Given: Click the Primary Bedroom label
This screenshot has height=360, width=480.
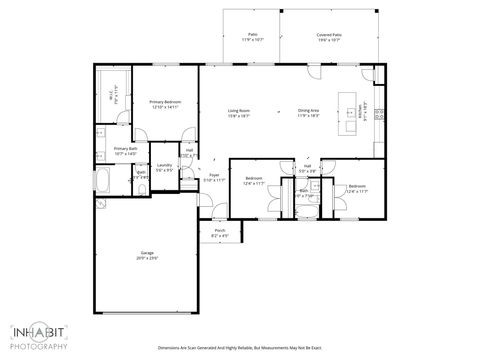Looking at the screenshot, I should [164, 102].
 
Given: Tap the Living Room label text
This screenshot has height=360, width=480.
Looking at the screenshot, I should [238, 110].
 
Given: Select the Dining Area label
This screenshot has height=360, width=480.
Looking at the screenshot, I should [309, 110].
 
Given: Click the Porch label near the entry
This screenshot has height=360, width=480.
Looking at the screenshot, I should [220, 234].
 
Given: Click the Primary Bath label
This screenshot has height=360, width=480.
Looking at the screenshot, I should [111, 150].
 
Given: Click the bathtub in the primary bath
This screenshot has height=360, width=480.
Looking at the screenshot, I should [104, 181].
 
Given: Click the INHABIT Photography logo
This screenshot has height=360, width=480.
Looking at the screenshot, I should [40, 335].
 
